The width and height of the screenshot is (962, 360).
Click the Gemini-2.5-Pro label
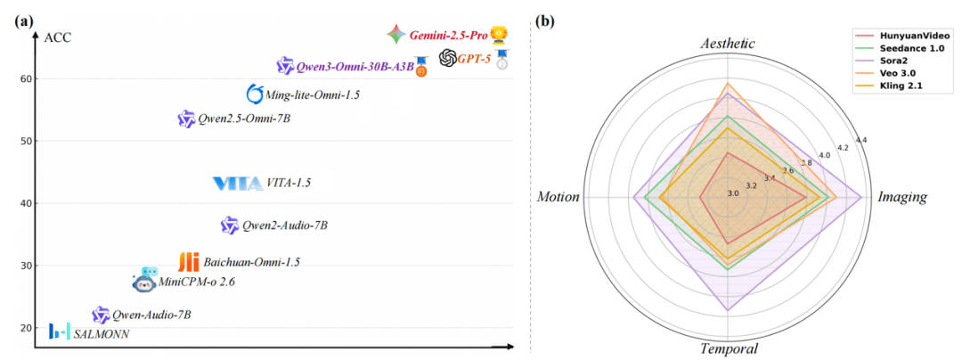(449, 36)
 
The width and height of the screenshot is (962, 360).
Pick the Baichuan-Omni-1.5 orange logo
(188, 262)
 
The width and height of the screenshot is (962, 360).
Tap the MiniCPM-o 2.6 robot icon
(145, 282)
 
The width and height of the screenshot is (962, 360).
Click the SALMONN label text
(102, 334)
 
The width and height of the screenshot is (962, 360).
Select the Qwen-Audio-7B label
(151, 315)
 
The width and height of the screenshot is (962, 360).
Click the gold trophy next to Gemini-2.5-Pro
(500, 35)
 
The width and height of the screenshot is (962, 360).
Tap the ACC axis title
(57, 37)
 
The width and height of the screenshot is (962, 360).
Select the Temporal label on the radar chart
(729, 348)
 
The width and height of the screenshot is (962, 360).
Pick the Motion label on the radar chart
(558, 196)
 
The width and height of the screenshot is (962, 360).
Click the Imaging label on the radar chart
(902, 196)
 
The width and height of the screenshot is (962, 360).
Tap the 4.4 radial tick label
(860, 140)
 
